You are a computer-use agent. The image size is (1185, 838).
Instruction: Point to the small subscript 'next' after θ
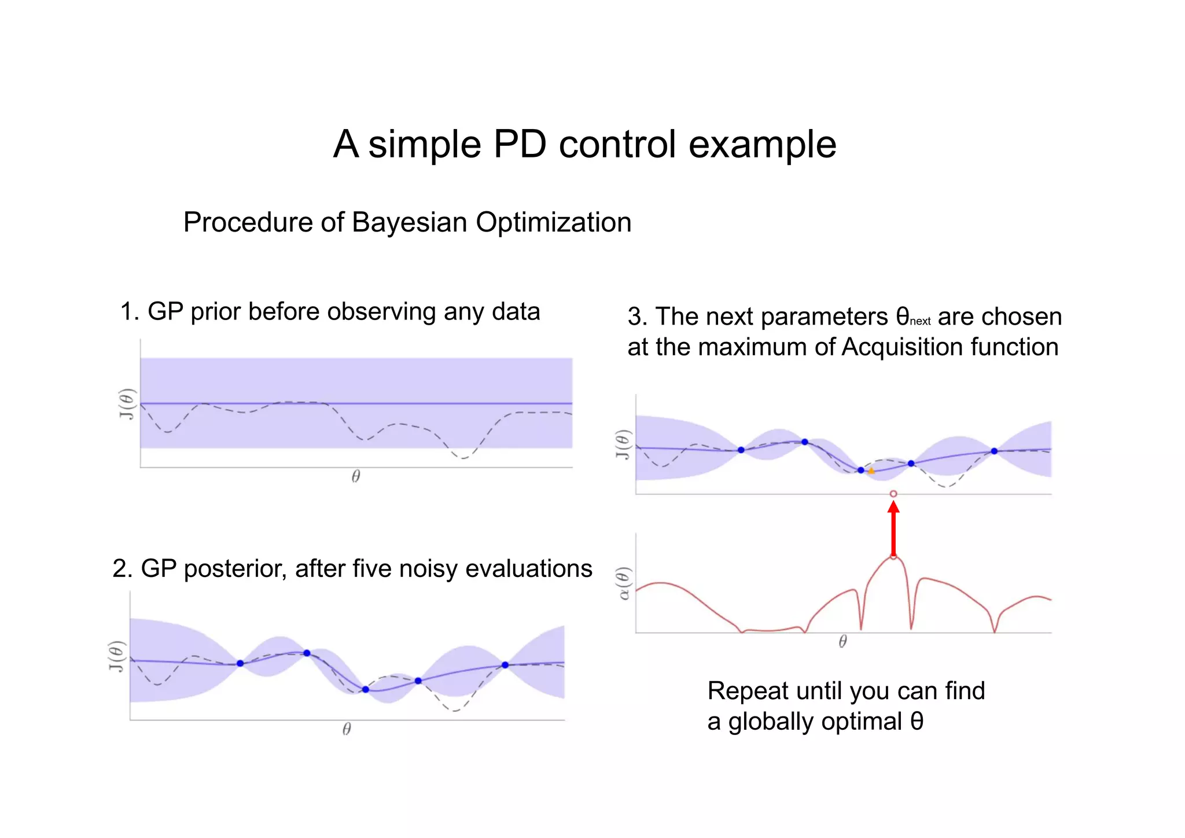(x=920, y=321)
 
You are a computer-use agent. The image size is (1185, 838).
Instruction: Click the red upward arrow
(x=893, y=530)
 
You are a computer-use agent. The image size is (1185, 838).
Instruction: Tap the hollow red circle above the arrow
(x=893, y=494)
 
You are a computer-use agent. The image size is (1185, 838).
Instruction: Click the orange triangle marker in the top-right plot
(x=871, y=471)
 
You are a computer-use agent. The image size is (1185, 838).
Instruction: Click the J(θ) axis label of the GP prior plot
(x=127, y=404)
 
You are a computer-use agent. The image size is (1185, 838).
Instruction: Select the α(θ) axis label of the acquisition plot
(x=623, y=583)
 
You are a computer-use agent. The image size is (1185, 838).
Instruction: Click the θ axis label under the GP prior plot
(x=356, y=476)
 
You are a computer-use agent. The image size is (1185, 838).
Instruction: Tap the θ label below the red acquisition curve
(x=842, y=641)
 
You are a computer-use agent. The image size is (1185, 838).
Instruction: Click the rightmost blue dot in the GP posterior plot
(x=505, y=665)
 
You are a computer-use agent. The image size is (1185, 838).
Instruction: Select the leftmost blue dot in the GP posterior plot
(x=240, y=663)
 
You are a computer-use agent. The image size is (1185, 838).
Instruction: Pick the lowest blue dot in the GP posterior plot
(x=366, y=689)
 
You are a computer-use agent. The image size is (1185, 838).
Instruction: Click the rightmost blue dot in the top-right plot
(x=994, y=451)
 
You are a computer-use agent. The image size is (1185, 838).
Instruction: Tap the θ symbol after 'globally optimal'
(x=917, y=722)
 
